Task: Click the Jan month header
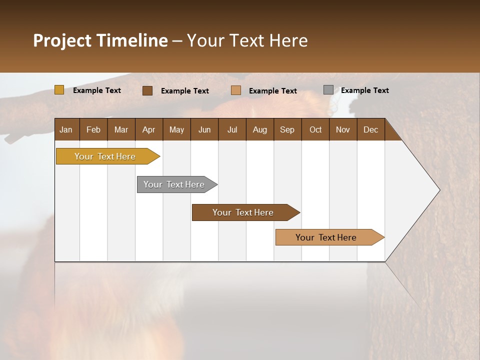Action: pos(66,129)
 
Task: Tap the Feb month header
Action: pos(93,129)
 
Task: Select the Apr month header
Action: pos(149,129)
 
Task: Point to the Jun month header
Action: pos(204,129)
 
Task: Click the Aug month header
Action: pos(260,129)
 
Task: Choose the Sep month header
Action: pos(287,129)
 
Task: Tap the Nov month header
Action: pos(343,129)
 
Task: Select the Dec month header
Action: pos(370,129)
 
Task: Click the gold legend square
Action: pos(59,90)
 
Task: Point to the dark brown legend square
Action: pos(147,90)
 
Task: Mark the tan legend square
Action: pos(236,90)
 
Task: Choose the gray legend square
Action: pos(328,90)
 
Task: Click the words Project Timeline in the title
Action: pos(100,40)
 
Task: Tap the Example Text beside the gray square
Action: pos(365,90)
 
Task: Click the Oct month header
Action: pos(315,129)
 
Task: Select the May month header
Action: pos(176,129)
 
